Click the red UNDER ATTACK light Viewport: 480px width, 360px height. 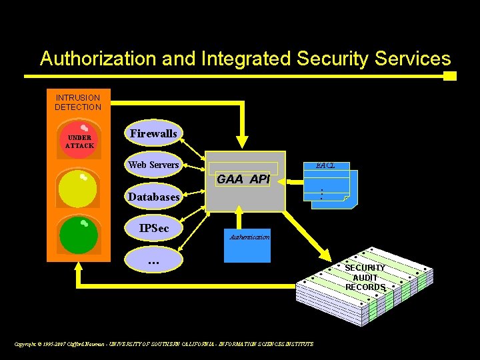pyautogui.click(x=79, y=139)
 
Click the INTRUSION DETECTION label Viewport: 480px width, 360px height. pyautogui.click(x=78, y=102)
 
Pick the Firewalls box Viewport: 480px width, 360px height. pyautogui.click(x=153, y=133)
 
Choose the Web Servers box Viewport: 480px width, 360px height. pyautogui.click(x=153, y=165)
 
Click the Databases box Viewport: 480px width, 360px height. pyautogui.click(x=153, y=197)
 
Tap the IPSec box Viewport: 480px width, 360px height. pyautogui.click(x=153, y=228)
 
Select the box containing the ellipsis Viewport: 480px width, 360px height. pyautogui.click(x=153, y=262)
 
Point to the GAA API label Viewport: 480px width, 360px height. pyautogui.click(x=243, y=179)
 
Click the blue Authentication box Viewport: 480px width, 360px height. pyautogui.click(x=249, y=244)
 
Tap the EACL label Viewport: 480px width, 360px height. pyautogui.click(x=325, y=165)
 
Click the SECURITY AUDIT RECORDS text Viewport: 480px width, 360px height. pyautogui.click(x=365, y=277)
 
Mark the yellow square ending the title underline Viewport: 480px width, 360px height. pyautogui.click(x=450, y=76)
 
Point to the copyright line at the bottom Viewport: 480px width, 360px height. pyautogui.click(x=164, y=344)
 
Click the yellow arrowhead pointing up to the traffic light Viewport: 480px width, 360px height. pyautogui.click(x=79, y=270)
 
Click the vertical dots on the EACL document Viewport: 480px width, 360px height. pyautogui.click(x=321, y=194)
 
